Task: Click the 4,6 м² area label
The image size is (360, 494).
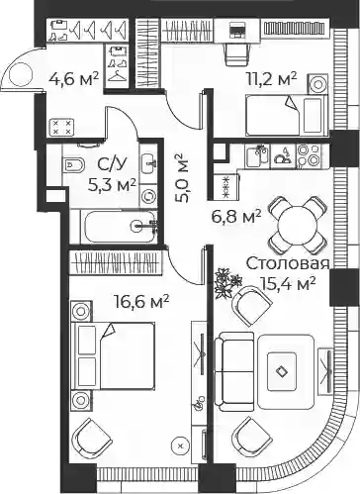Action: [x=73, y=79]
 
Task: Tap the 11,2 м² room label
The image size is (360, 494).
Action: [x=272, y=79]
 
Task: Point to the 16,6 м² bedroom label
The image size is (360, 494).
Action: [x=141, y=301]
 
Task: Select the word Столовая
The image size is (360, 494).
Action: [x=288, y=263]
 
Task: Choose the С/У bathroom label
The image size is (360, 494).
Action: [x=113, y=164]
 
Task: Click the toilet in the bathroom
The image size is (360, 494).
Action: [x=73, y=163]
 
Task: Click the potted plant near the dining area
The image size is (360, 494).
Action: [x=227, y=282]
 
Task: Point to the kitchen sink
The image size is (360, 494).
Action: [x=257, y=156]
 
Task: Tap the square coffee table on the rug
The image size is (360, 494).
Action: [x=282, y=371]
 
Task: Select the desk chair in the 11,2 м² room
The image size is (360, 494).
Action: [x=236, y=53]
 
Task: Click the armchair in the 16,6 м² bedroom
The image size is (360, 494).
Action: [x=93, y=439]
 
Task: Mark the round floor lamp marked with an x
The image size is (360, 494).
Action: [x=180, y=445]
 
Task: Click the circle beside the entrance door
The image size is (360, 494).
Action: [x=21, y=74]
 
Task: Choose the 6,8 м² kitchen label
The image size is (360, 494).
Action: [x=236, y=217]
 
